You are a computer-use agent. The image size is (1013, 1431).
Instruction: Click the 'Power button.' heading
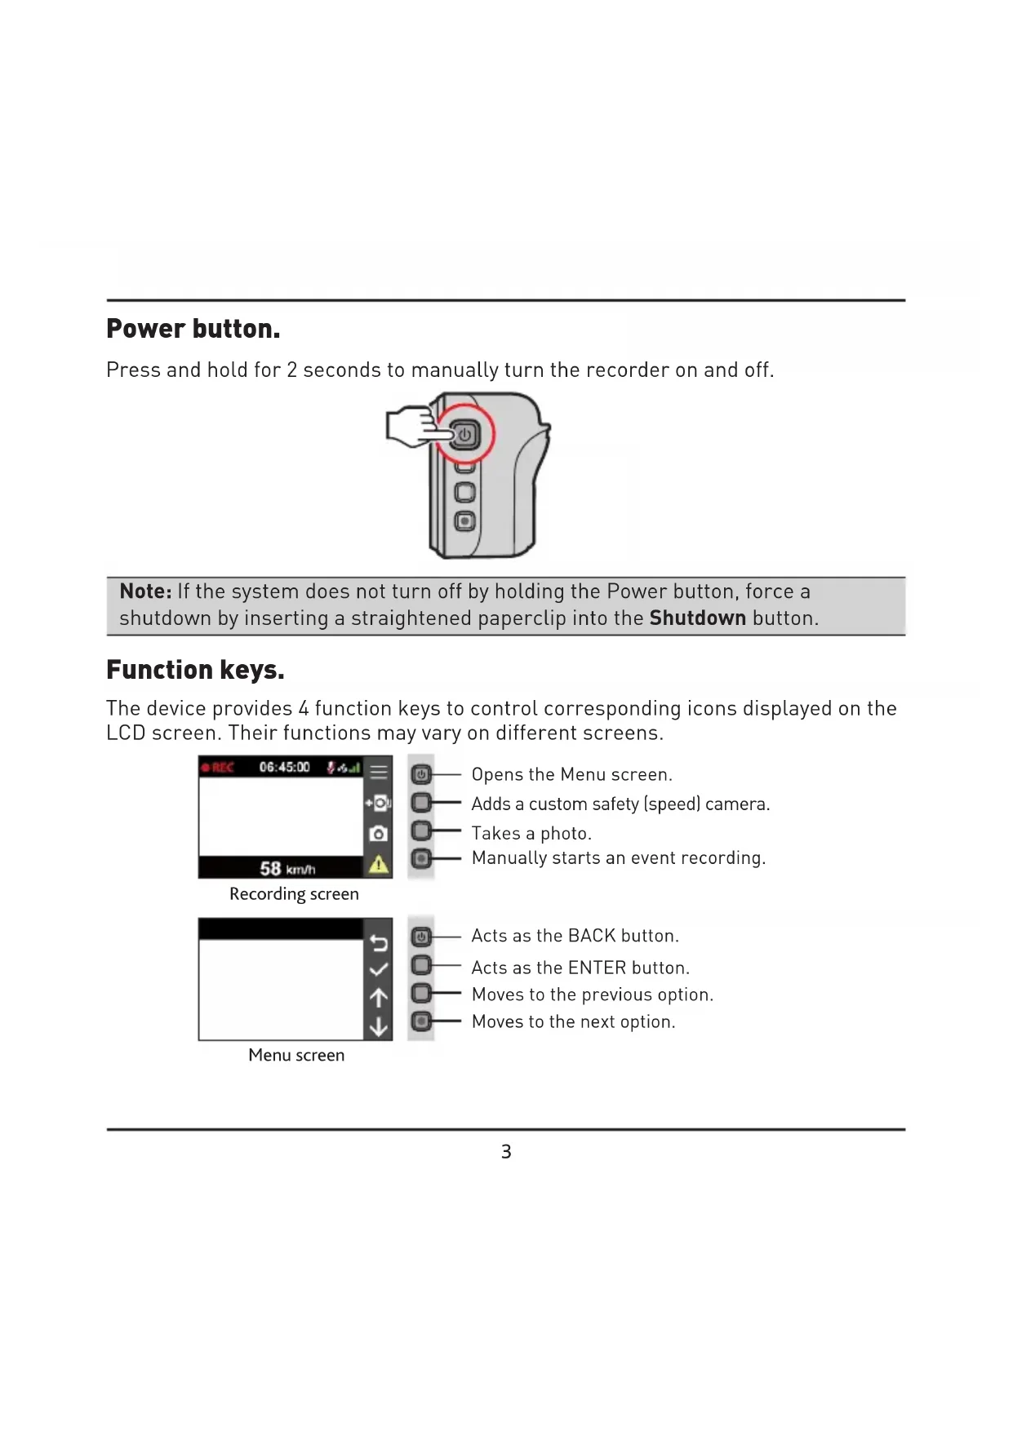193,329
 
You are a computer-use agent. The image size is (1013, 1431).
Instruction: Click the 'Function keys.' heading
195,670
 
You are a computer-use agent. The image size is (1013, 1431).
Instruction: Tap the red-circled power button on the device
464,435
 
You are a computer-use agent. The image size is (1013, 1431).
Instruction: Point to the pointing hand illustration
412,428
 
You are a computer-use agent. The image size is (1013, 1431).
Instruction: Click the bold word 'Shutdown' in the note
697,618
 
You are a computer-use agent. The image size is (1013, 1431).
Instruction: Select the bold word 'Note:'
145,591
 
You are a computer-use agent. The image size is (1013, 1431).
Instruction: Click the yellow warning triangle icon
378,865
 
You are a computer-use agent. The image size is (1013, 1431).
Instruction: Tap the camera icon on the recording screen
378,834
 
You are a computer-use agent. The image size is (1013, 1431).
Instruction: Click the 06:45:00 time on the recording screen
284,768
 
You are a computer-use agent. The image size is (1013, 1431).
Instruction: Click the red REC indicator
218,768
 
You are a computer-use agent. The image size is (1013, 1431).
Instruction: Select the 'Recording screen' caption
294,894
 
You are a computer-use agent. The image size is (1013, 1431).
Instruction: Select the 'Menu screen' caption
296,1056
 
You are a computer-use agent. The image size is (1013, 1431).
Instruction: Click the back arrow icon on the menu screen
378,943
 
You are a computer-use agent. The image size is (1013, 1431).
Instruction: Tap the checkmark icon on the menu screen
378,970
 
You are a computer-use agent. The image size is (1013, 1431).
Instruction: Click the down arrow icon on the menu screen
378,1026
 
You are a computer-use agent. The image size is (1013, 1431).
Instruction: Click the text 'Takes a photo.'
531,834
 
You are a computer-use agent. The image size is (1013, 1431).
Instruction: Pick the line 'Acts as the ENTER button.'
580,968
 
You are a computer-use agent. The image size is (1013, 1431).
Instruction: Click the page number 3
506,1152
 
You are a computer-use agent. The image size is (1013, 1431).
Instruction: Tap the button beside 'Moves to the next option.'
421,1021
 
